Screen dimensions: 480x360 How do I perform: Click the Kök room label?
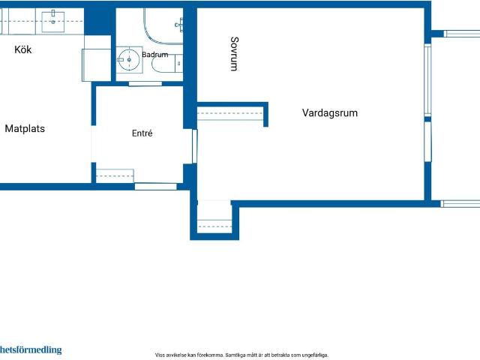tap(23, 49)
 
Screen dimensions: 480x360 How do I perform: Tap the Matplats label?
tap(25, 128)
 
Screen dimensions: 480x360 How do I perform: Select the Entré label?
tap(142, 133)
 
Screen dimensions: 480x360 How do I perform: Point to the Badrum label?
tap(155, 55)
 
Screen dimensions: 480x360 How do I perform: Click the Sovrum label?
tap(234, 54)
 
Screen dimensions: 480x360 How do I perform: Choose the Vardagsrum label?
tap(330, 112)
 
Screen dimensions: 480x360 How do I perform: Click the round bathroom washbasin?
tap(129, 60)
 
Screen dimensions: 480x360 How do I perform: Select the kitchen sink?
tap(53, 22)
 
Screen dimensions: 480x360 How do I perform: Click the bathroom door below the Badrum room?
tap(145, 84)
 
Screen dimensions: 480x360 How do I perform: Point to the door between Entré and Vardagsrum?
tap(195, 146)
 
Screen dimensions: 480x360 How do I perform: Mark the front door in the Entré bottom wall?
tap(156, 187)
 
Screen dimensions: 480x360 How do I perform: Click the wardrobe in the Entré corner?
tap(115, 176)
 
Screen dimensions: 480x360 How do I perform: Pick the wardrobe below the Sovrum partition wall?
tap(230, 113)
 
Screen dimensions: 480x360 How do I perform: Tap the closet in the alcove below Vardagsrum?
tap(214, 226)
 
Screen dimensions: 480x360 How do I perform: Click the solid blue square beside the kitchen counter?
tap(97, 22)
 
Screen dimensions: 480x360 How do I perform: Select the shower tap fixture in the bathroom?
tap(180, 25)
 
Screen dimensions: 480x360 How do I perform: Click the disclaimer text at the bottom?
tap(241, 355)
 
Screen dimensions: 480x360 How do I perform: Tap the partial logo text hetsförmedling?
tap(31, 350)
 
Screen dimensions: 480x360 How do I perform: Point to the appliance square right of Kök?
tap(97, 65)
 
